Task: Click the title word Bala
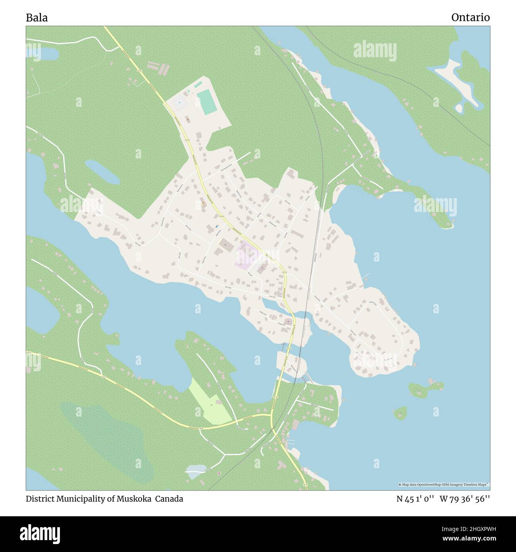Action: pyautogui.click(x=37, y=17)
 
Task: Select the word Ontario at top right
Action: pyautogui.click(x=470, y=17)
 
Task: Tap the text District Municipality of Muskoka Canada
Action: pyautogui.click(x=104, y=499)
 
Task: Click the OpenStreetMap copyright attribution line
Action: pyautogui.click(x=444, y=484)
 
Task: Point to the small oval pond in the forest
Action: pyautogui.click(x=102, y=172)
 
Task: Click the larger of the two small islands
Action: pyautogui.click(x=425, y=387)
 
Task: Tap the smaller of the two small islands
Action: pyautogui.click(x=400, y=413)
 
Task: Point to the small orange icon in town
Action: pyautogui.click(x=203, y=203)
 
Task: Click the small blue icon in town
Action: pyautogui.click(x=216, y=226)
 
